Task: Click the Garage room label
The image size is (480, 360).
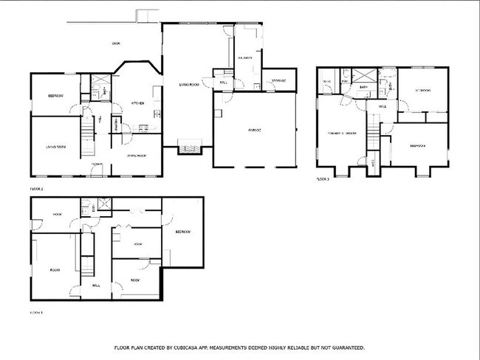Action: point(254,130)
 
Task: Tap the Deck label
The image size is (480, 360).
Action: point(117,43)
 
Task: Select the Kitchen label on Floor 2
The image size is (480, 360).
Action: point(137,103)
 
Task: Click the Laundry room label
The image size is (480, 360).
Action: point(246,57)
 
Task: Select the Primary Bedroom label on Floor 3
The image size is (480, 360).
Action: point(342,134)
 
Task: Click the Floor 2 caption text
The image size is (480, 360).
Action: point(37,189)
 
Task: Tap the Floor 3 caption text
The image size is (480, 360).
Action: point(323,179)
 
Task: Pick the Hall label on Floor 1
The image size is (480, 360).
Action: point(96,285)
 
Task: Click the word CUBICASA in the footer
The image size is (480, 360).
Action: point(193,347)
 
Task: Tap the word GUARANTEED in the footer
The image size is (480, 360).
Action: point(346,347)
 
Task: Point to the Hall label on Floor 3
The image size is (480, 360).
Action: point(383,107)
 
